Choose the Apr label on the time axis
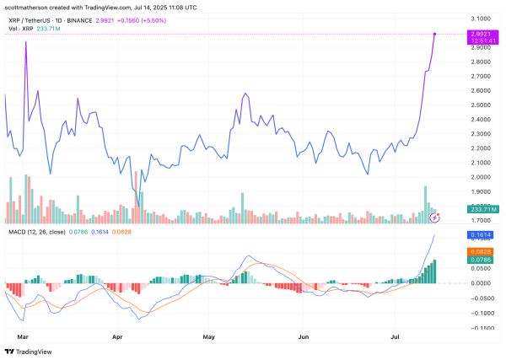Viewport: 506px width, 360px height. tap(118, 336)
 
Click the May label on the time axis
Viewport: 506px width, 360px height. tap(210, 336)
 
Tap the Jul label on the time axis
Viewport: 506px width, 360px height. tap(395, 336)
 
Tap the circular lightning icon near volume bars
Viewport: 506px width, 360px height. tap(435, 217)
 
